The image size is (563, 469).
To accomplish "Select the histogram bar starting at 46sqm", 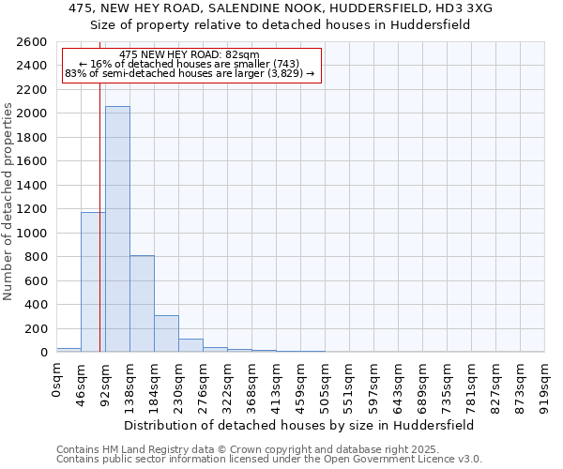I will coord(93,281).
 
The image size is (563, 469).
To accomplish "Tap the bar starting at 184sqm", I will coord(166,333).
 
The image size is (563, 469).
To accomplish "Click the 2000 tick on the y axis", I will coord(33,113).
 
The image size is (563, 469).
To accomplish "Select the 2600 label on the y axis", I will coord(33,42).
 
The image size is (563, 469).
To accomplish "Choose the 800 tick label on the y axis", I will coord(37,257).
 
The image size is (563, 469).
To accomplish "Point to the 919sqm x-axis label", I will coord(545,382).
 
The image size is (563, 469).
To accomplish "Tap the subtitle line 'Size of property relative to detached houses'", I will coord(281,24).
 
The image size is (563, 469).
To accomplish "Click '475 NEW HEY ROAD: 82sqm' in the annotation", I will coord(190,55).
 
